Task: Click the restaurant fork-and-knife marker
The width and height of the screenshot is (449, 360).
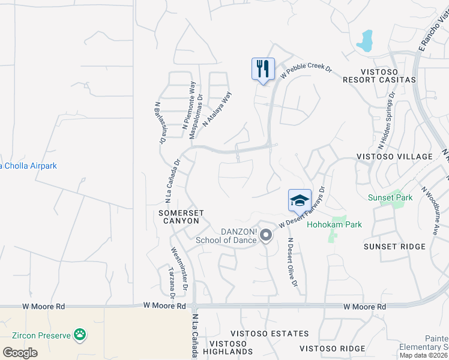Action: coord(263,68)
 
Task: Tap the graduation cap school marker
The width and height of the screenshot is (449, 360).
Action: coord(300,200)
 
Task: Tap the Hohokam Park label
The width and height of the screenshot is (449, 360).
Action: coord(334,225)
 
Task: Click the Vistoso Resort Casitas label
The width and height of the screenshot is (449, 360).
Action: coord(379,79)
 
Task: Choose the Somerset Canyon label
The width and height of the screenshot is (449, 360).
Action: coord(178,217)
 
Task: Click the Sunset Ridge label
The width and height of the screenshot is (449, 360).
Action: coord(394,247)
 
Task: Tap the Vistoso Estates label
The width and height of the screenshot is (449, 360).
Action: coord(274,334)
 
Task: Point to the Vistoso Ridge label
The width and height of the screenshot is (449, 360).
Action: coord(332,349)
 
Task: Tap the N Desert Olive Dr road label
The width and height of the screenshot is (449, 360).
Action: coord(292,270)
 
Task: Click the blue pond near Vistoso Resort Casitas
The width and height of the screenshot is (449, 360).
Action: coord(364,41)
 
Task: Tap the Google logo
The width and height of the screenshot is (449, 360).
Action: coord(20,352)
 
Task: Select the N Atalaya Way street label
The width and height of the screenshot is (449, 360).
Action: coord(217,109)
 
